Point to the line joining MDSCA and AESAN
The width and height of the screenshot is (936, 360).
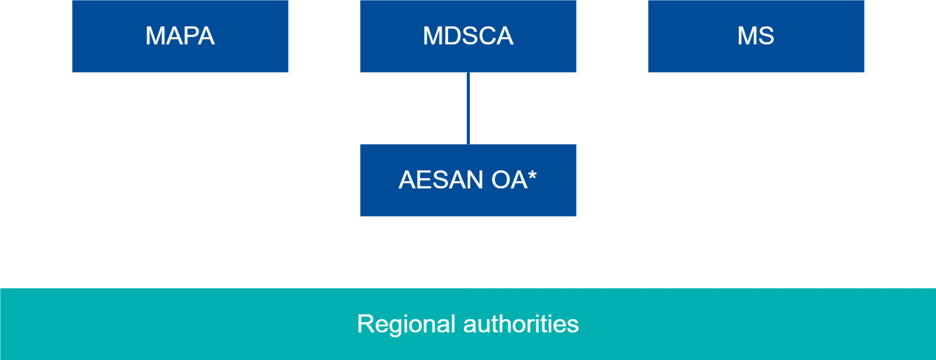point(468,108)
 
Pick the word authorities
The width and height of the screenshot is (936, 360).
point(521,324)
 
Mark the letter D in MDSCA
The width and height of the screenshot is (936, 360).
point(452,36)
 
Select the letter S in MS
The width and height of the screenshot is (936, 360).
point(766,36)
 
